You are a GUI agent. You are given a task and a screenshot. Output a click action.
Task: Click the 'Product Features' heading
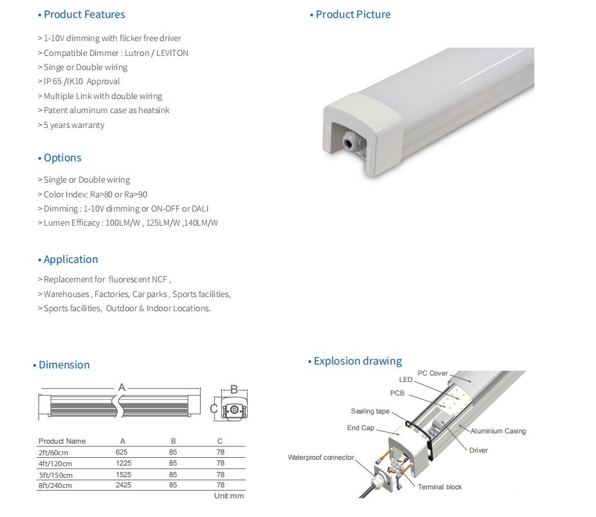84,14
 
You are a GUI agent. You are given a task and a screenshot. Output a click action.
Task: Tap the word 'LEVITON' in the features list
172,53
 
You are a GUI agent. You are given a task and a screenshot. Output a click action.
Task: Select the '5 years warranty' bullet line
73,125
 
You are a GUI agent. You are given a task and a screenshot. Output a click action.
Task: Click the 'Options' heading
62,158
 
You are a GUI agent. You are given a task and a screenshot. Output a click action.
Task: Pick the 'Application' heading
71,259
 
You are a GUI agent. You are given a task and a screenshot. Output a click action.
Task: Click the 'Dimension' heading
64,365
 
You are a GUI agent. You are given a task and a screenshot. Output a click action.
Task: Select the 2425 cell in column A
123,485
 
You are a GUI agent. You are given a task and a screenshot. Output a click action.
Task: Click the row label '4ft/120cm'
55,463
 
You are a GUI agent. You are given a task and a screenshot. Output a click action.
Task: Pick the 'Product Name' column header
62,441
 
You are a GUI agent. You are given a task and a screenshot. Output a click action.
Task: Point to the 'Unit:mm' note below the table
229,496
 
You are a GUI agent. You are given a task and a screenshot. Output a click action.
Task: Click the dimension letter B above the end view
235,388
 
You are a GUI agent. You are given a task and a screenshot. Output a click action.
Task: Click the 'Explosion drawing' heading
357,361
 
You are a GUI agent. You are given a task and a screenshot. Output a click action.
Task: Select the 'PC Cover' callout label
433,373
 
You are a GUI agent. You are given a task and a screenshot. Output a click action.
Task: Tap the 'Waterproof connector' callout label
321,457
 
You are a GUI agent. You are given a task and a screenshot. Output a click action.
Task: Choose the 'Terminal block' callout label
440,487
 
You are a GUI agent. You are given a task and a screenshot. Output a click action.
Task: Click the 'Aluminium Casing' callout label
498,431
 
